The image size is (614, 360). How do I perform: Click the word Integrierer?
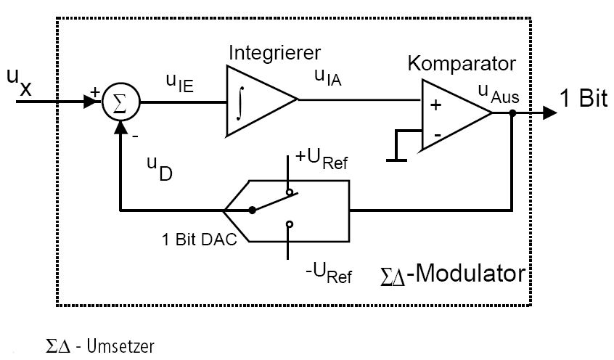(x=274, y=53)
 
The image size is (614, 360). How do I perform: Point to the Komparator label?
(x=462, y=62)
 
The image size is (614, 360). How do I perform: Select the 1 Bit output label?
(x=583, y=99)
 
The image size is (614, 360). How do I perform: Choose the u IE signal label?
(x=179, y=83)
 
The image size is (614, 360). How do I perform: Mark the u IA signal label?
(x=327, y=75)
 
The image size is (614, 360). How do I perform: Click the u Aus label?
(x=495, y=91)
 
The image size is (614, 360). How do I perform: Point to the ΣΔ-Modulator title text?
(x=452, y=274)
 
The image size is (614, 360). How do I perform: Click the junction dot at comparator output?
(x=512, y=113)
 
